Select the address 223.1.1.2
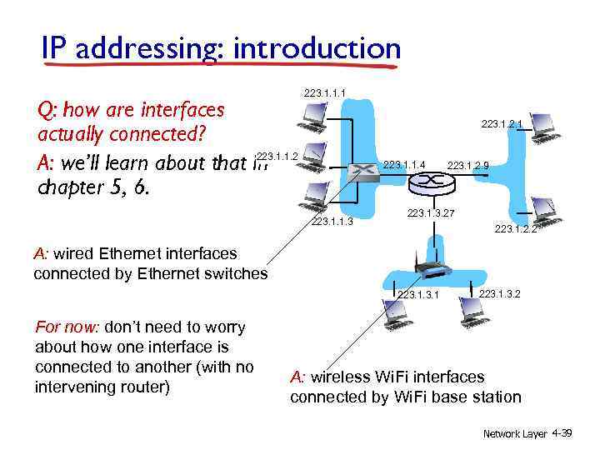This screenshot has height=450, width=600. tap(277, 156)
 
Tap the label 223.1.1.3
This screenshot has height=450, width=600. tap(332, 222)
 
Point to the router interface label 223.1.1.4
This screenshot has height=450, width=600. tap(404, 165)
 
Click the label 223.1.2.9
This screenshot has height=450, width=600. tap(467, 166)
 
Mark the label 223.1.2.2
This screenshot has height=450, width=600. tap(515, 228)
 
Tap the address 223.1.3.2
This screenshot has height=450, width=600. tap(500, 292)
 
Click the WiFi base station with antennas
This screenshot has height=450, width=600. tap(433, 269)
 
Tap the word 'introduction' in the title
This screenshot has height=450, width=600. tap(317, 48)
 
